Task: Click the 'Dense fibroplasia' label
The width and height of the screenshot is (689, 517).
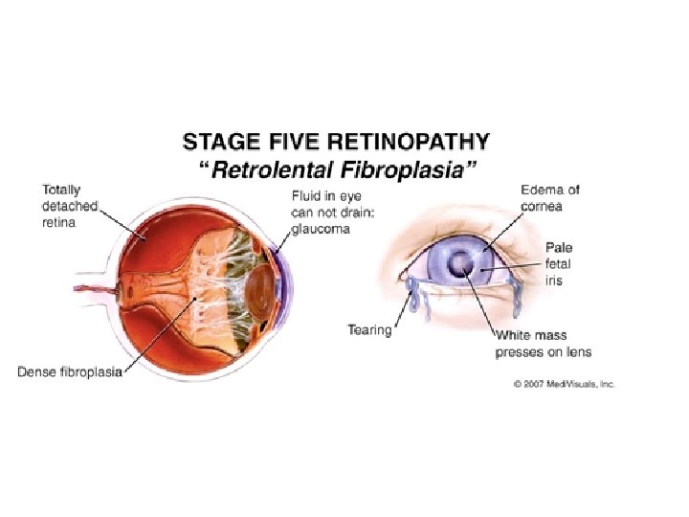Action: pos(70,371)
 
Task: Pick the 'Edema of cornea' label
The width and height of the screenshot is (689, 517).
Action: pos(550,198)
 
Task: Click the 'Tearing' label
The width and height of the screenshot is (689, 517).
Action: pos(369,330)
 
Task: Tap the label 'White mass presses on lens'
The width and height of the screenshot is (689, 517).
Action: pos(543,345)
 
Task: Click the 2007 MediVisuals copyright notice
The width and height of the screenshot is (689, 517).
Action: pos(563,383)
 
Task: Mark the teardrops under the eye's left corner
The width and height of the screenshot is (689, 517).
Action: pos(413,296)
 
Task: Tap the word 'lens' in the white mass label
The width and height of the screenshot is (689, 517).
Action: pos(577,352)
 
